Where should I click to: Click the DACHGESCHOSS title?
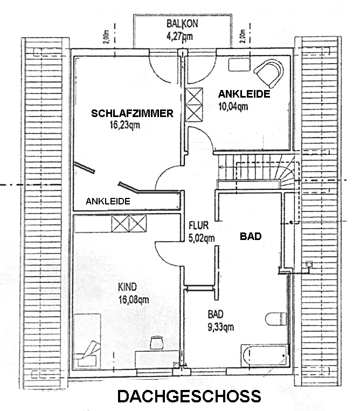point(189,397)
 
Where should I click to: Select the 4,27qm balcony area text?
point(180,37)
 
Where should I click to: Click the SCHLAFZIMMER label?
point(132,113)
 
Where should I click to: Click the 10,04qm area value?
point(233,106)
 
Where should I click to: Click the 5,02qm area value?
point(201,237)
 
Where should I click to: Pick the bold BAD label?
point(250,236)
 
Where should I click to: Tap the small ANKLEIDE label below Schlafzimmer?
point(108,201)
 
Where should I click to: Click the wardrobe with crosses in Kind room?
point(129,223)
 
